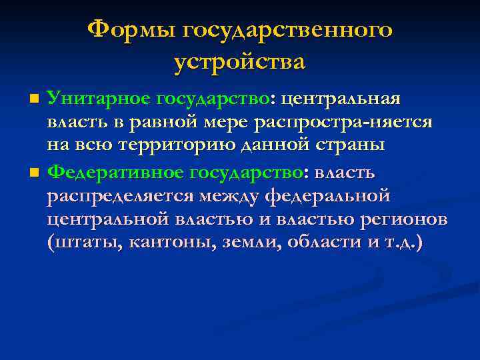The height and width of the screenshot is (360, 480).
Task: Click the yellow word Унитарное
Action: tap(99, 99)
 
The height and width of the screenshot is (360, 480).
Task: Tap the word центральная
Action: tap(341, 99)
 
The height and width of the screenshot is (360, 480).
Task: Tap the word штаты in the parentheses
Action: tap(79, 243)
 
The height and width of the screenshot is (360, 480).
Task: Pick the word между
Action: tap(229, 197)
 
